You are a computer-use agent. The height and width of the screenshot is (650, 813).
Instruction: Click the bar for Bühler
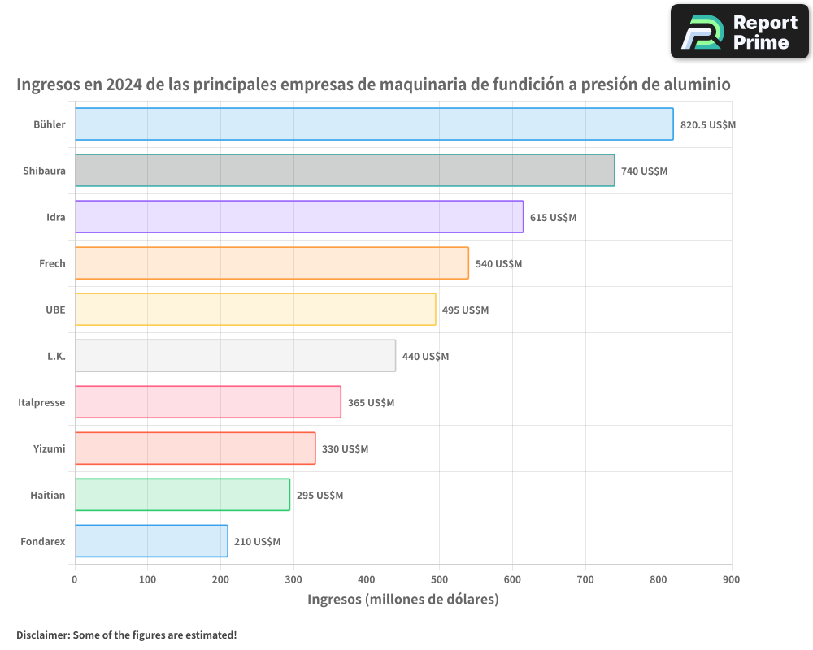click(374, 124)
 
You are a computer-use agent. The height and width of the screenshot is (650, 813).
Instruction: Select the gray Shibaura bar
click(345, 171)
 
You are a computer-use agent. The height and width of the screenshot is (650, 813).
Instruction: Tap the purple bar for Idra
click(299, 217)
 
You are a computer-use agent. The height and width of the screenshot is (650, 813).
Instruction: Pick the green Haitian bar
click(182, 495)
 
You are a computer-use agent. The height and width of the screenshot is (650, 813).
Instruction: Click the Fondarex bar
click(151, 541)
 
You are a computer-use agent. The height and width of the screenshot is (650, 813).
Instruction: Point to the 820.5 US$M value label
click(707, 125)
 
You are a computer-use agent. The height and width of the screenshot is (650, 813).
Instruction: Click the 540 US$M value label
click(498, 264)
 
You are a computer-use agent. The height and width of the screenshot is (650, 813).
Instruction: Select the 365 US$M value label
click(371, 403)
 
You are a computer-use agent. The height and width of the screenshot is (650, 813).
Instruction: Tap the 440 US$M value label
click(425, 357)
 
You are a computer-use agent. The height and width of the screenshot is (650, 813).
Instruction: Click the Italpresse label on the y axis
click(41, 403)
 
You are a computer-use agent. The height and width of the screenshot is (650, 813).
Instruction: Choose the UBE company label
click(55, 310)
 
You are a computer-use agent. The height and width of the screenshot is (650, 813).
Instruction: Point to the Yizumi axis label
click(49, 449)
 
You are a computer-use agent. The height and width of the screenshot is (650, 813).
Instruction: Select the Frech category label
click(52, 264)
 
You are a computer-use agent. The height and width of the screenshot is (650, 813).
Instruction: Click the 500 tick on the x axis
click(439, 579)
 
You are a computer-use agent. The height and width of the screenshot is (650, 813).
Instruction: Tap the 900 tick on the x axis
click(731, 579)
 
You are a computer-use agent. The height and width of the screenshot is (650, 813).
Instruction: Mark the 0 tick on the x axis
click(75, 579)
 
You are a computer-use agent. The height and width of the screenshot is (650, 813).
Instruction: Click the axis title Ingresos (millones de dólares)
click(402, 600)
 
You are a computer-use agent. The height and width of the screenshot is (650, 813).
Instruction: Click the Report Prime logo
click(739, 32)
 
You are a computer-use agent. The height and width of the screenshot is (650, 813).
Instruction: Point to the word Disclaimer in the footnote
click(41, 635)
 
